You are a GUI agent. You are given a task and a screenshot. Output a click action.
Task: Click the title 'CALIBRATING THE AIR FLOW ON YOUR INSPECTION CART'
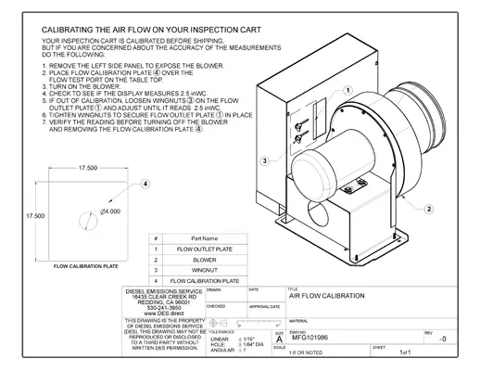pos(153,31)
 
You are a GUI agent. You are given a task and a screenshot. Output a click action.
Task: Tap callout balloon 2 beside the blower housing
pos(429,210)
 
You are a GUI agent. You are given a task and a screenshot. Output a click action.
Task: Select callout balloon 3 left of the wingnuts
pos(265,160)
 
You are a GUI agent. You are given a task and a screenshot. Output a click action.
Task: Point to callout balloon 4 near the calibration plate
pos(145,185)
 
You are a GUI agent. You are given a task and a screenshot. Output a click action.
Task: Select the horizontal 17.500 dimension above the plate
pos(88,168)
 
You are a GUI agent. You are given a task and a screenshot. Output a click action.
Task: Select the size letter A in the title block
pos(279,339)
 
